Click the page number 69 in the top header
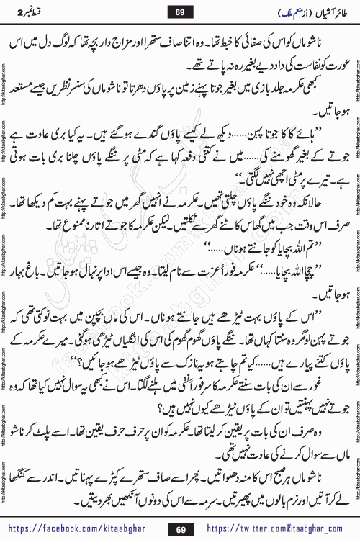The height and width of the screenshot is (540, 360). click(x=181, y=11)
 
